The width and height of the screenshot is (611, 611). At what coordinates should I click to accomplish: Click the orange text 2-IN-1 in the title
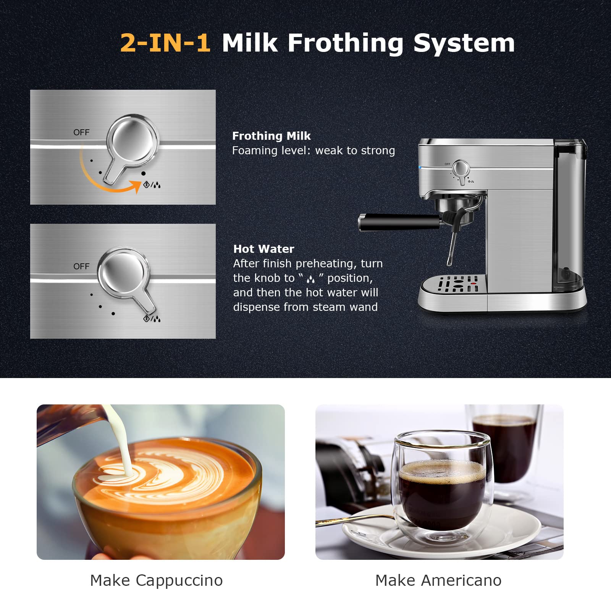[165, 42]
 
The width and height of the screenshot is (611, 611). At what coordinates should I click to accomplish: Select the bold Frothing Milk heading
[271, 136]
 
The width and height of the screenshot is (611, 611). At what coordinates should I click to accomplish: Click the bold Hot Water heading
[263, 249]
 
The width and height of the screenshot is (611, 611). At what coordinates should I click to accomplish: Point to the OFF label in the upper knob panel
[81, 133]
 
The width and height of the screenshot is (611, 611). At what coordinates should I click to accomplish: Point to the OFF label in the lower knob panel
[81, 266]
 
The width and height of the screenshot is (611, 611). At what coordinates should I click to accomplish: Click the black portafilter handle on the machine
[399, 222]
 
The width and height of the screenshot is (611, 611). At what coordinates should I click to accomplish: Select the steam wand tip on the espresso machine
[449, 262]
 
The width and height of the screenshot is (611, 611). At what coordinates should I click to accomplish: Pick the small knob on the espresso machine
[461, 168]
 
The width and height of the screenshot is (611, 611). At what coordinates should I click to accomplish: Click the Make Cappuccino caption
[156, 580]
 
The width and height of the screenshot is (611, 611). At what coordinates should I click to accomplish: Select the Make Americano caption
[438, 580]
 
